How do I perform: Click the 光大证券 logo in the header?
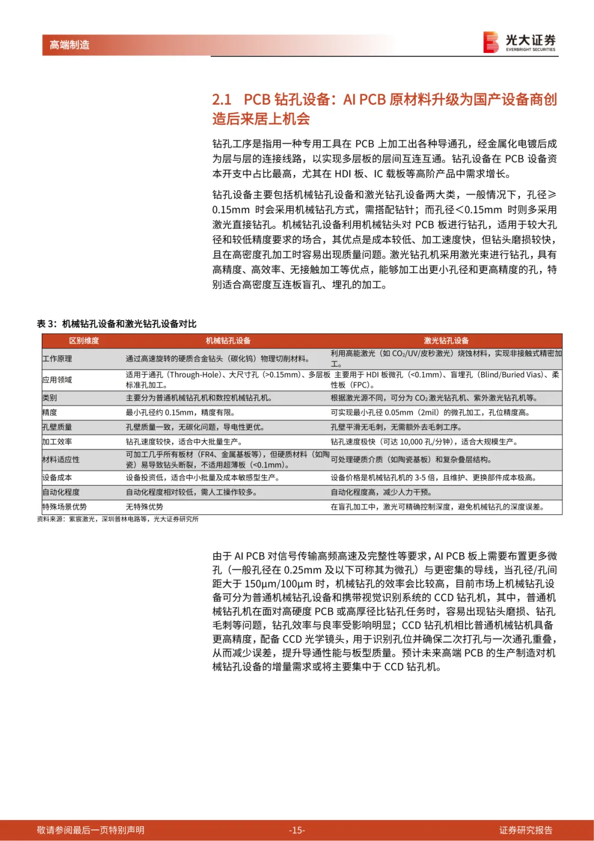click(x=519, y=42)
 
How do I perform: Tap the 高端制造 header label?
click(x=69, y=45)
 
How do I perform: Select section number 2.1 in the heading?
click(x=222, y=100)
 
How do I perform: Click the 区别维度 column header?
click(x=84, y=341)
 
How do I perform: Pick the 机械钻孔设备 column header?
click(x=228, y=341)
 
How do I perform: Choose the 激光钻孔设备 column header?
click(x=446, y=341)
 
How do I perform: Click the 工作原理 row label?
click(x=57, y=359)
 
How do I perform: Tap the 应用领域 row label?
click(x=57, y=379)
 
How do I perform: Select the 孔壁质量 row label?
click(x=57, y=427)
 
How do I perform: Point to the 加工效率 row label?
click(x=57, y=442)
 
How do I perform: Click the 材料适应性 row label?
click(x=61, y=459)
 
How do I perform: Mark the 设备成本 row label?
click(x=57, y=478)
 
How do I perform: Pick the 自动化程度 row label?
click(x=61, y=492)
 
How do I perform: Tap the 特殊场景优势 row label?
click(x=64, y=507)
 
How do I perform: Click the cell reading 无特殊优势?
click(x=144, y=507)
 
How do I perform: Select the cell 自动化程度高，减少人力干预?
click(x=381, y=492)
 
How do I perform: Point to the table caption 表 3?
click(x=117, y=324)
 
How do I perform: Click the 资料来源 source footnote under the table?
click(x=118, y=519)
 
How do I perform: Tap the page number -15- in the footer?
click(x=297, y=830)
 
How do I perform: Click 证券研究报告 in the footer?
click(x=525, y=830)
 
